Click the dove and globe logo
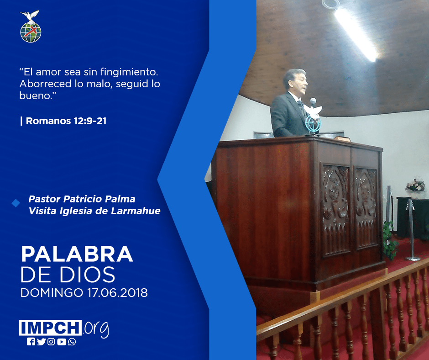pos(31,26)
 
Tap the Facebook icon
pos(31,342)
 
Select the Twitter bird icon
pos(41,342)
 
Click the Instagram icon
pos(51,342)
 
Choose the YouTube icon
pos(62,342)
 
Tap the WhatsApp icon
pos(72,342)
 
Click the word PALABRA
pos(77,254)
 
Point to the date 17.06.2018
pos(117,292)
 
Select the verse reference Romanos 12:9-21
pos(66,121)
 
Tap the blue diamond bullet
pos(16,203)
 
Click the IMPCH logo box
pos(50,328)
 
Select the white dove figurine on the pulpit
pos(314,111)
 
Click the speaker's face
pos(300,83)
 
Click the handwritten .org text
pos(96,329)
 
